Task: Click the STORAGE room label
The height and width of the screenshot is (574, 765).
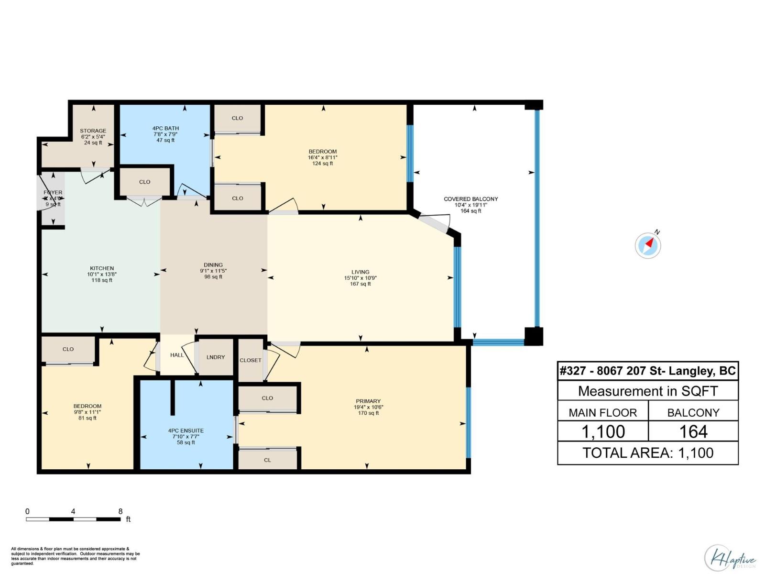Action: (93, 131)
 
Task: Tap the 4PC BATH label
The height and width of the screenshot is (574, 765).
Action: (165, 128)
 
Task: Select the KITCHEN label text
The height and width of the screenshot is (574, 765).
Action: (102, 268)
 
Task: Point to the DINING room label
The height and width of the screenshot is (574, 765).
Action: (213, 265)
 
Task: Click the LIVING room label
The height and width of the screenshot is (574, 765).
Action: (361, 272)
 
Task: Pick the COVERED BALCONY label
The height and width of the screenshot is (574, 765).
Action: (470, 199)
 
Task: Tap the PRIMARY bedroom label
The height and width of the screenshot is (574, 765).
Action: (368, 401)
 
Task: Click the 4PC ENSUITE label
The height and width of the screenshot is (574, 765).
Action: (186, 430)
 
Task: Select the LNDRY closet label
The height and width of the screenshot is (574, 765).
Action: (216, 357)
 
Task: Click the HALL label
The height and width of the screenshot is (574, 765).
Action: (177, 355)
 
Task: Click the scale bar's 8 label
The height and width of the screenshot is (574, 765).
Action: (120, 511)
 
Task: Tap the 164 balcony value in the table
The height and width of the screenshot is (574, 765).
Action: (693, 431)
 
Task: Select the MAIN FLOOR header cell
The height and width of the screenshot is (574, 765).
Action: (602, 412)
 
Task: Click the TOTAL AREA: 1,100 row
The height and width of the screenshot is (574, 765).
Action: (648, 453)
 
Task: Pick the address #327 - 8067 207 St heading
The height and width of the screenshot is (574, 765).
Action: (648, 371)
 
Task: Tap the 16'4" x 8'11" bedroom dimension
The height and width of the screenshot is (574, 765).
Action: (323, 157)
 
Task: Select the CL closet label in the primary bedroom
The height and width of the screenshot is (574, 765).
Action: (267, 460)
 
